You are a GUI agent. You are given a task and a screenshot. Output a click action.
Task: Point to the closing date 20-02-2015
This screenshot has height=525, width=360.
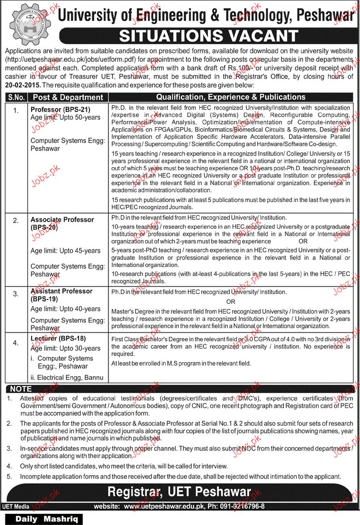click(22, 84)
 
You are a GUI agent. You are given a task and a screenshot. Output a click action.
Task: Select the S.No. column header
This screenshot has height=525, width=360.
click(17, 97)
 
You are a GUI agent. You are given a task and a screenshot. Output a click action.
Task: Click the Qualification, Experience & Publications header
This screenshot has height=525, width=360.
click(231, 97)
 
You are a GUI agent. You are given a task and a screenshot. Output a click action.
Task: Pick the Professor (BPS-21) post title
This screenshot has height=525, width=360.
click(59, 109)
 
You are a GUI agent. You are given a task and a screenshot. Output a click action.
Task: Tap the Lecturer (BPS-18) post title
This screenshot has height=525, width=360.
click(58, 338)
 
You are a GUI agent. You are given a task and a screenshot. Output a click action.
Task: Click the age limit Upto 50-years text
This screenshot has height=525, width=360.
click(66, 117)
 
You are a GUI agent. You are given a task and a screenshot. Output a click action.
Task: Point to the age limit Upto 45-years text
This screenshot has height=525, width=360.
click(66, 251)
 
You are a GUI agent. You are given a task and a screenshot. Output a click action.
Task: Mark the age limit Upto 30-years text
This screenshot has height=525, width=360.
click(66, 348)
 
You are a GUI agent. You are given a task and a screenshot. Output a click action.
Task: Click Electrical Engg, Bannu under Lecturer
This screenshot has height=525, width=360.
click(67, 378)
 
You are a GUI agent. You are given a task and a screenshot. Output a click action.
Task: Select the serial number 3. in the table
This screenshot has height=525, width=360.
click(16, 294)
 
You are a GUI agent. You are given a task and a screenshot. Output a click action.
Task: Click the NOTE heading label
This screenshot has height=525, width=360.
click(21, 389)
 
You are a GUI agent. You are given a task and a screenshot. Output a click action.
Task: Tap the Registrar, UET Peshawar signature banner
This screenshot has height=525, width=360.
click(179, 492)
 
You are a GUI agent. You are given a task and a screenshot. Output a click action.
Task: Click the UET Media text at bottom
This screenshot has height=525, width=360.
click(16, 506)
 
